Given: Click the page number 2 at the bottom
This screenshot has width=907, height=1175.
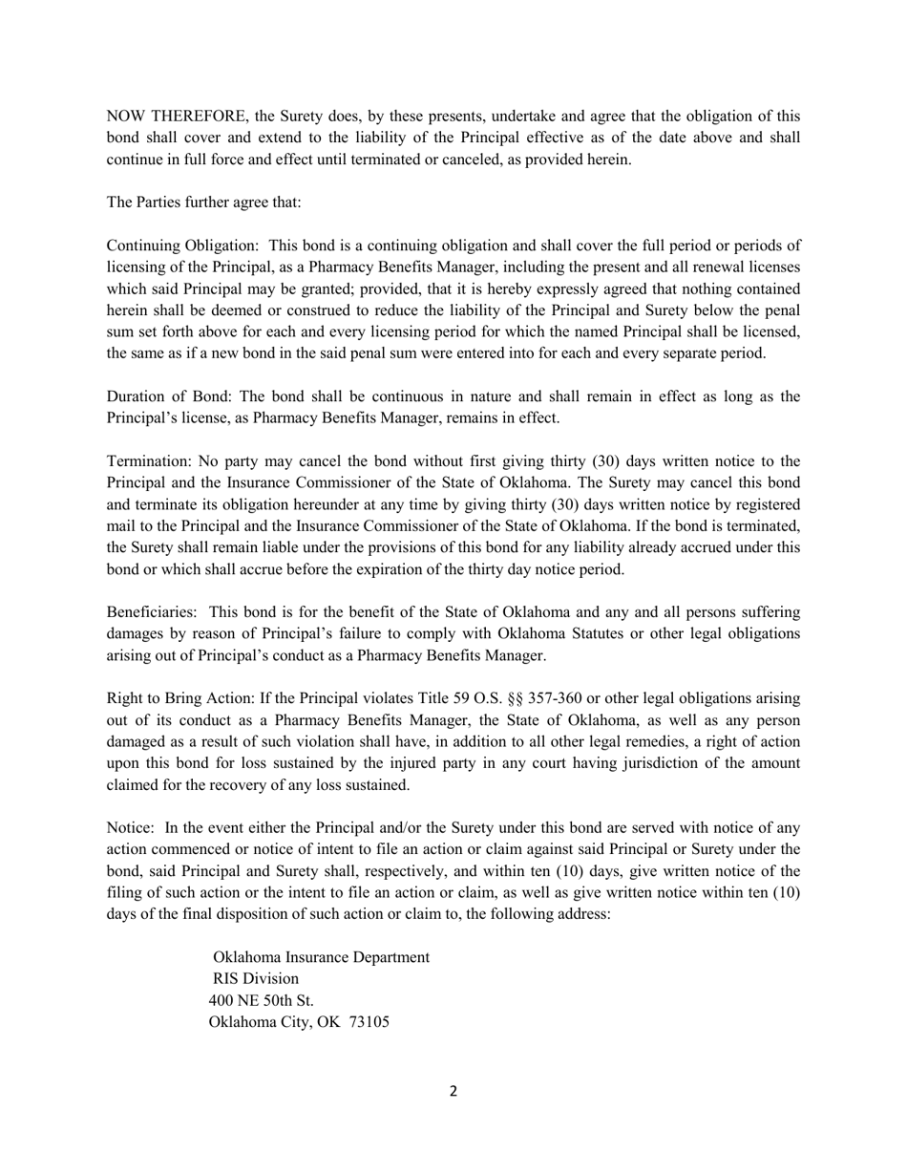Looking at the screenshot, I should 453,1091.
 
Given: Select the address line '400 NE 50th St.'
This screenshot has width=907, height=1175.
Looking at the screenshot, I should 261,1000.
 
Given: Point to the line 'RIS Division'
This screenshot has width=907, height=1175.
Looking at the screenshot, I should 256,979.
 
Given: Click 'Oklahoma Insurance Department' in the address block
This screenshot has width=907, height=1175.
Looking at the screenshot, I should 321,957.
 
